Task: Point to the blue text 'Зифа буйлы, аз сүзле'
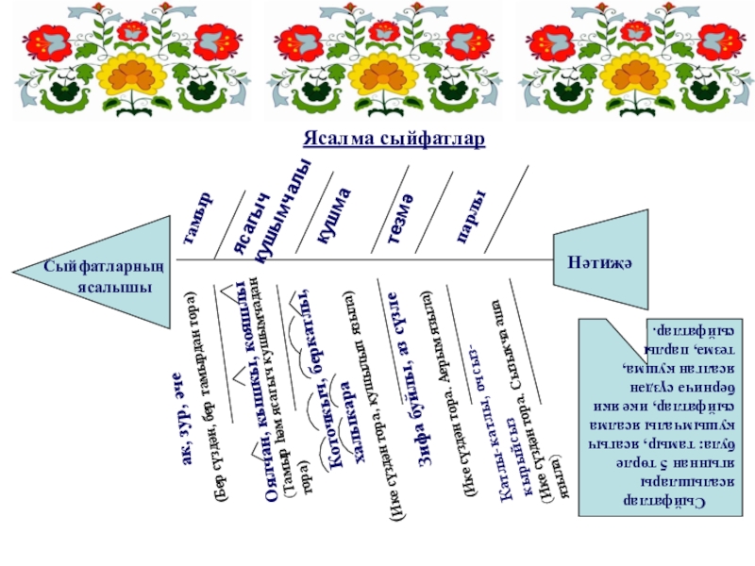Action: pos(409,377)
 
